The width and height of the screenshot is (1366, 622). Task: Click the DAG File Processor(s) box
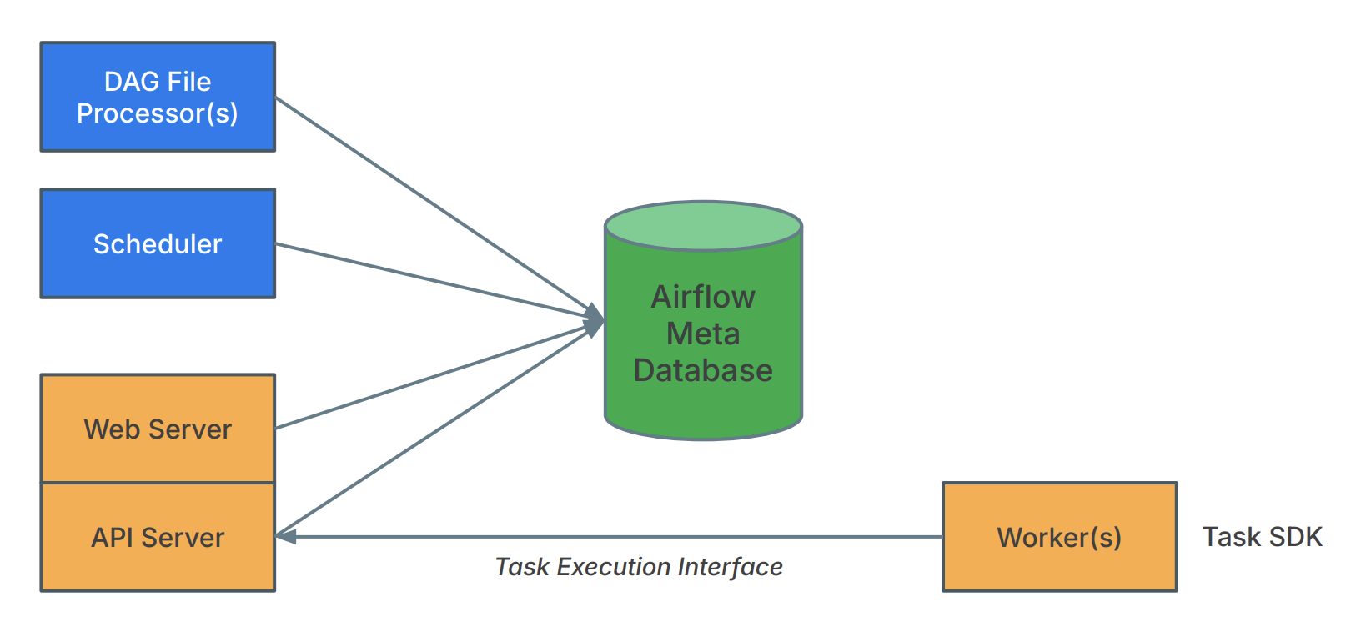pos(158,97)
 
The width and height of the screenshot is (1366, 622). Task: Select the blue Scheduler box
pos(158,243)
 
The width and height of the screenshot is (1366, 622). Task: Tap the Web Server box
pos(158,429)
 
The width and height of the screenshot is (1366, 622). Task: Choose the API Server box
pos(158,537)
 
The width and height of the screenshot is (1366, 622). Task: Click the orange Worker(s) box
pos(1059,537)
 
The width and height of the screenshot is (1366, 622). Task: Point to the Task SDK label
pos(1262,537)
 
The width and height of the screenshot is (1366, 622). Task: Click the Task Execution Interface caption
pos(639,567)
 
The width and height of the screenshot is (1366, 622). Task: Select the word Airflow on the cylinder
pos(703,297)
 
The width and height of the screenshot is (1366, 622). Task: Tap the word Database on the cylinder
pos(703,370)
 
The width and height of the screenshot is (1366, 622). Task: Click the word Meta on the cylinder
pos(703,334)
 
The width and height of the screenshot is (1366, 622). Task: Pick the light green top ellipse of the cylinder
pos(703,226)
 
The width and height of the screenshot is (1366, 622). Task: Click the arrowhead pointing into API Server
pos(286,537)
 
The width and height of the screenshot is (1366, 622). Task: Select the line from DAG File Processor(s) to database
pos(434,204)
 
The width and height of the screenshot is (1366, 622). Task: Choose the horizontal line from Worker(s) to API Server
pos(617,537)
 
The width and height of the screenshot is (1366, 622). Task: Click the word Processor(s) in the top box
pos(158,113)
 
